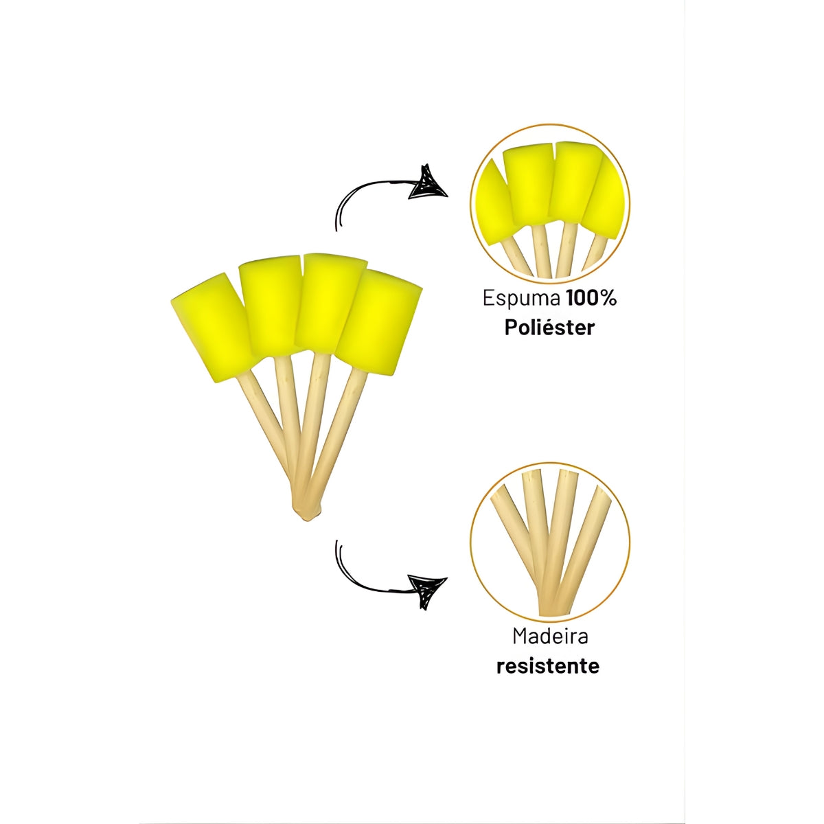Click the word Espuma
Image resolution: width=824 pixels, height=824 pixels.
point(521,299)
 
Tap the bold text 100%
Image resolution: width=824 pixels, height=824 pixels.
point(591,299)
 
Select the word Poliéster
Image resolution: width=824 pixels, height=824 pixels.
point(549,328)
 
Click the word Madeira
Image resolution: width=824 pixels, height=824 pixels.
point(550,637)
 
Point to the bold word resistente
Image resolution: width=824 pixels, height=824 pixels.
point(548,666)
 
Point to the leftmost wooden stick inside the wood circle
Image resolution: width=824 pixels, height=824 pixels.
point(512,529)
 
